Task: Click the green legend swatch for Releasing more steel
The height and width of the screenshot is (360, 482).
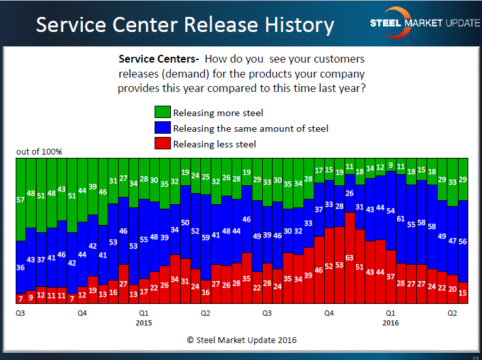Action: click(162, 113)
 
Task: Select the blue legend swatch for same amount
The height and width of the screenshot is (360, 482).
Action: click(162, 128)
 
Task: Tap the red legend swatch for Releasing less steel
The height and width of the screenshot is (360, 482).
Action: click(162, 143)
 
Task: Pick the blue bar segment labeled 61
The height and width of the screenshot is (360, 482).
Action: click(400, 222)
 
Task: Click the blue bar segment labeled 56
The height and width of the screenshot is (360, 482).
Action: click(463, 241)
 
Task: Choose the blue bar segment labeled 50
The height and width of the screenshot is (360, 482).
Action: click(185, 225)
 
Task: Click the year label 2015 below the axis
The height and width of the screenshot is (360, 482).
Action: click(144, 322)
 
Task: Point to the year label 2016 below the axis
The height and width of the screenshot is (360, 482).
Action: click(390, 322)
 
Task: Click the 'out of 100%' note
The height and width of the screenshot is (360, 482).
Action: click(39, 151)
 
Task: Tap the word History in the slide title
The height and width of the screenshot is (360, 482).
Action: click(294, 25)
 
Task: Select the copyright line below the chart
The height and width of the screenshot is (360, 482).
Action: click(241, 340)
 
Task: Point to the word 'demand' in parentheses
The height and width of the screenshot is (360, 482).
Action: click(188, 73)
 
